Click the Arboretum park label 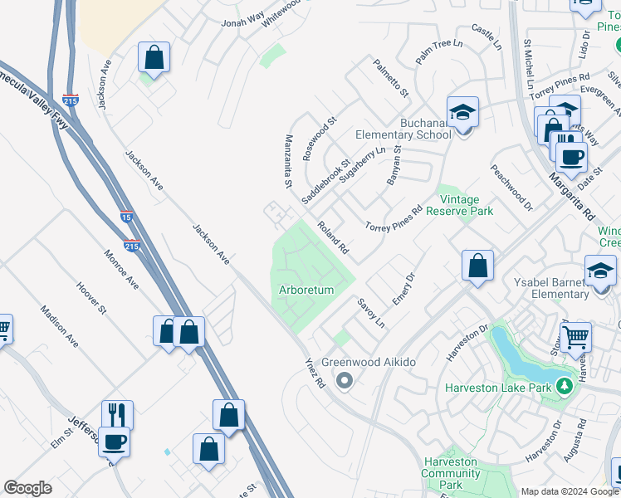(306, 290)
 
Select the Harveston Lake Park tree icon (565, 386)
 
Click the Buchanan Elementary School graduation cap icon (463, 111)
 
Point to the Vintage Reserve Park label (460, 205)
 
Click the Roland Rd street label (332, 237)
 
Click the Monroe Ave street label (121, 269)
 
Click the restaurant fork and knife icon (117, 414)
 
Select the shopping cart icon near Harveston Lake (575, 337)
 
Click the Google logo (27, 488)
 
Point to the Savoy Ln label (371, 312)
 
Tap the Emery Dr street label (403, 289)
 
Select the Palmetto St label (390, 77)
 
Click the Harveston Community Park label (450, 472)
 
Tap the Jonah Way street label (242, 18)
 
